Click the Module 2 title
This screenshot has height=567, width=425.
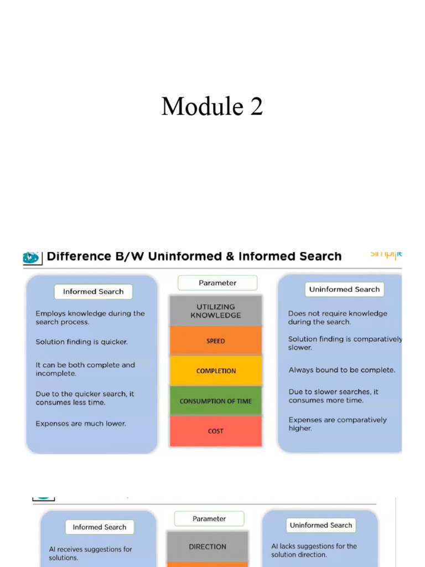(212, 106)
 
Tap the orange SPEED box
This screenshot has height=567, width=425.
(215, 341)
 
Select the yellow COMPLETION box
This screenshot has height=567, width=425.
(215, 371)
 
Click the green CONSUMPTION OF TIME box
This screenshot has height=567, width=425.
(215, 401)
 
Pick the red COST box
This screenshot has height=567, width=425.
(215, 431)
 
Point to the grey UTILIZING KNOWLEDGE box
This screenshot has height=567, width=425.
(215, 311)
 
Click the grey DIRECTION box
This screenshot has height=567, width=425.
(208, 547)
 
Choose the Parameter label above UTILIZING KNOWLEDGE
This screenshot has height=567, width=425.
(217, 283)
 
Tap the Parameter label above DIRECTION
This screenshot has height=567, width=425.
(209, 519)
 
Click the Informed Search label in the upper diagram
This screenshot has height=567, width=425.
(93, 292)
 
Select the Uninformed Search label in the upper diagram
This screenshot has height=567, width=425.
(344, 290)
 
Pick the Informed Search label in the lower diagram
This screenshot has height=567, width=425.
(100, 527)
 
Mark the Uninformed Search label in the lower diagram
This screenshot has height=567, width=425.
(321, 525)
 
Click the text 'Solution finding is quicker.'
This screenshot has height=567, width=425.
(81, 342)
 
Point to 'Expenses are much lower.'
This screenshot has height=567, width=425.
(81, 424)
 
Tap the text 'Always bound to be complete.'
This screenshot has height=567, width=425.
(341, 370)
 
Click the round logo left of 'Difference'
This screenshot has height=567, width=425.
(31, 257)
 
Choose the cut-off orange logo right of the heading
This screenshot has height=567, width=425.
(386, 255)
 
